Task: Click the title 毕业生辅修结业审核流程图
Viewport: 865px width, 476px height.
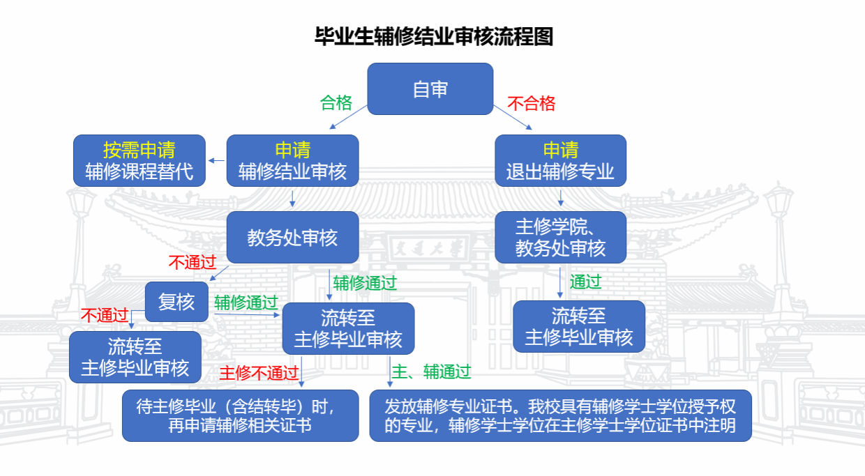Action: [434, 37]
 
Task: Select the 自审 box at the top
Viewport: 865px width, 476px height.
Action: [430, 89]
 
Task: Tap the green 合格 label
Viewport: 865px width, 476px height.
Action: [336, 102]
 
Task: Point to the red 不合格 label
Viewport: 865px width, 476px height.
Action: [531, 103]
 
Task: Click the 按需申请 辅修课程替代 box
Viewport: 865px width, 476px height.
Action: [140, 160]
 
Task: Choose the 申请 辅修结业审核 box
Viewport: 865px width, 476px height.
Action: [293, 160]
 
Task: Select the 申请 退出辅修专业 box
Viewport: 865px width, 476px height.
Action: [560, 160]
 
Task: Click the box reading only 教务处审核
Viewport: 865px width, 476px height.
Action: [293, 237]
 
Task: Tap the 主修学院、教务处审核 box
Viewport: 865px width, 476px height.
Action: [560, 237]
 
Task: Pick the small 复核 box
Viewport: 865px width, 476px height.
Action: [177, 302]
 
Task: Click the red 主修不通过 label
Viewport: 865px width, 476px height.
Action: [259, 373]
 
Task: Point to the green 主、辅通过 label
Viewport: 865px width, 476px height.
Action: [431, 371]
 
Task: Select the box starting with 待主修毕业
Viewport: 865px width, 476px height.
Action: [240, 415]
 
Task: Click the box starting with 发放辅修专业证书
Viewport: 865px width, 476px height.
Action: [560, 415]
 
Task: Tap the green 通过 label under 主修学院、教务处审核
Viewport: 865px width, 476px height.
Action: [585, 282]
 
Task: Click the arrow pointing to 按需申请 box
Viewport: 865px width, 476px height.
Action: [216, 160]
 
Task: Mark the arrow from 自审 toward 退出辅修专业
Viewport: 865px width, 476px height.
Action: [513, 117]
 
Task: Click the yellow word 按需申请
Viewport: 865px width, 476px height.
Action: [140, 150]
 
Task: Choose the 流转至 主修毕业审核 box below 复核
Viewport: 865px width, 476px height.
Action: [135, 357]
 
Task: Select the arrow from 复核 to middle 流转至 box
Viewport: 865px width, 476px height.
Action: [247, 315]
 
